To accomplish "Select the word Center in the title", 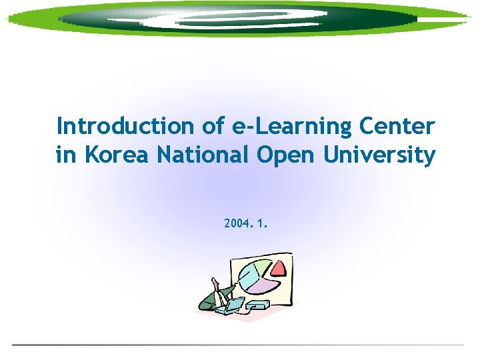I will coord(397,126).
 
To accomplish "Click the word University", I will coord(380,156).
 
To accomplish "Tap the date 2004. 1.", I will coord(246,224).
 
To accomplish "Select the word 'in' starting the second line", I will coord(65,156).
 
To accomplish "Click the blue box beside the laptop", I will coord(258,305).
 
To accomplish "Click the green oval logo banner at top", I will coord(240,19).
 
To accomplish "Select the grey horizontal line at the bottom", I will coord(237,345).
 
